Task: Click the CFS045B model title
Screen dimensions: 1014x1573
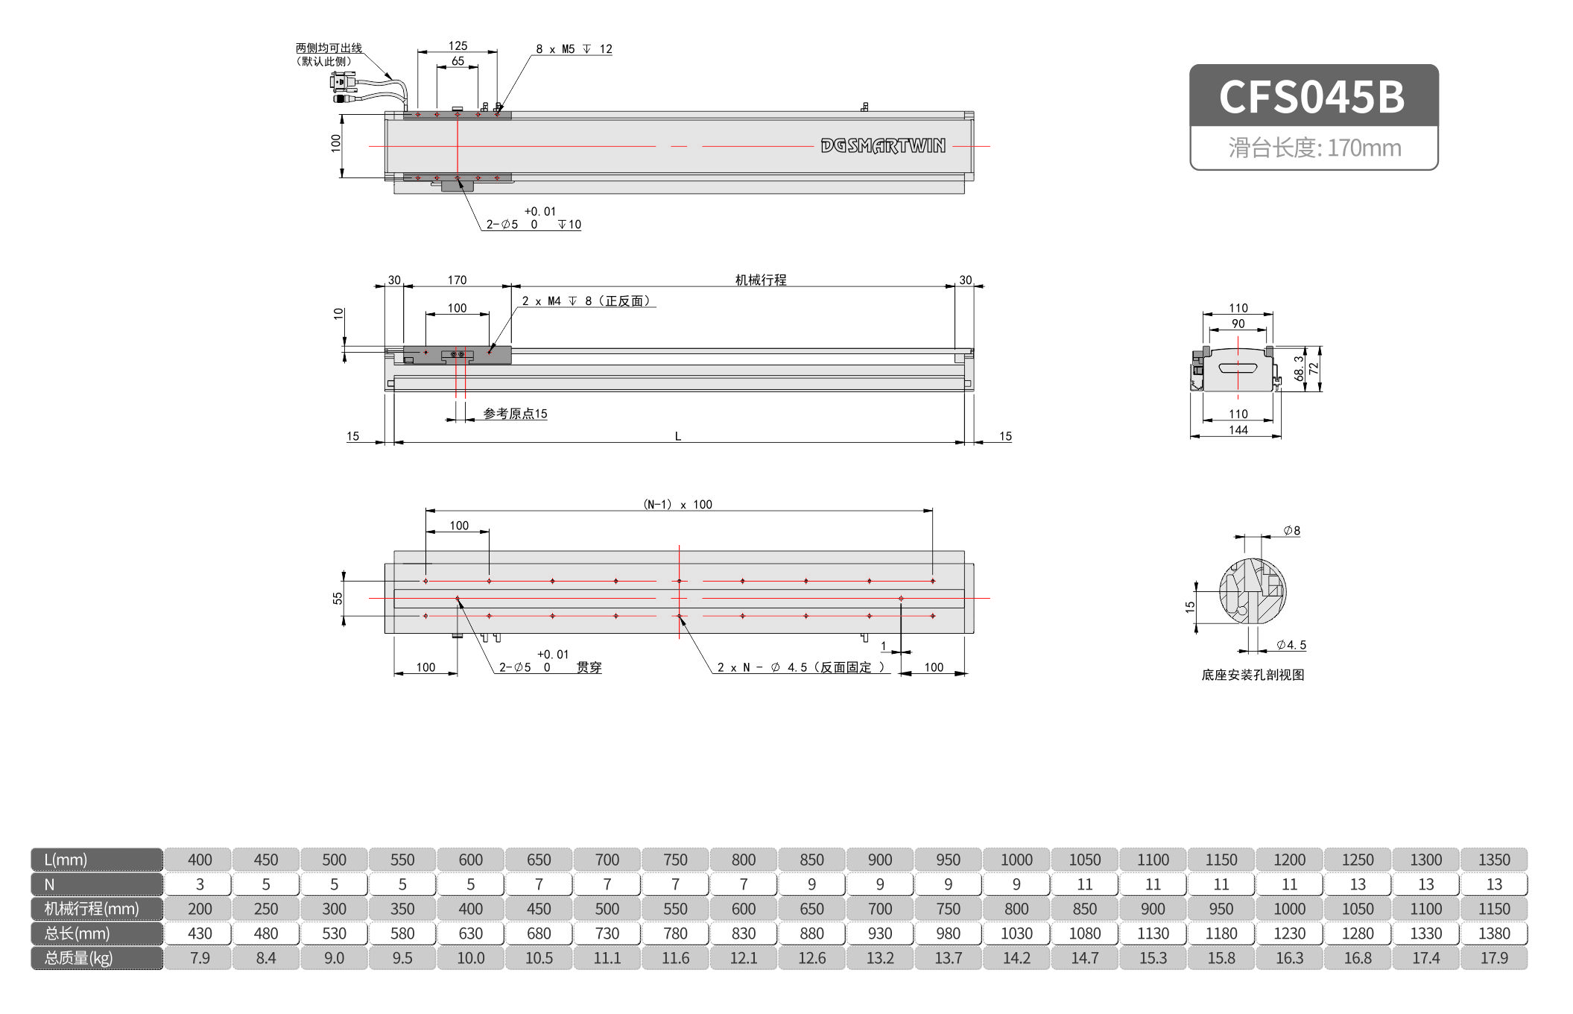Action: click(x=1312, y=97)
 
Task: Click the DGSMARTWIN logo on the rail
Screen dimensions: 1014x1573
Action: click(x=882, y=145)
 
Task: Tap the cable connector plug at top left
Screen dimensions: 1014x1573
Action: click(x=344, y=84)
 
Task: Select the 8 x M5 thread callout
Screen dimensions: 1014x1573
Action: click(x=573, y=49)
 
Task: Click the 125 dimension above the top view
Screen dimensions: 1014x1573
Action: click(x=458, y=45)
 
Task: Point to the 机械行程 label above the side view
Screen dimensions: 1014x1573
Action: click(x=760, y=280)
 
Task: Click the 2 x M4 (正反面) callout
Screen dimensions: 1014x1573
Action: click(x=586, y=300)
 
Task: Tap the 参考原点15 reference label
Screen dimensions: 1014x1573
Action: click(x=515, y=414)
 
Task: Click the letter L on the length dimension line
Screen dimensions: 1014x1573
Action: click(x=677, y=436)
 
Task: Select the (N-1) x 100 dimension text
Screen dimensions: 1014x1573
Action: click(x=677, y=505)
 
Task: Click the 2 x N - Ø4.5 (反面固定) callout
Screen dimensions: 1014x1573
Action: click(x=800, y=667)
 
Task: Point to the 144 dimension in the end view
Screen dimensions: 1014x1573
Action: click(x=1238, y=430)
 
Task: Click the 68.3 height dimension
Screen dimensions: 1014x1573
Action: click(x=1299, y=368)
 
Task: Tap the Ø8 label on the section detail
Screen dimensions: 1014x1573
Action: click(x=1291, y=531)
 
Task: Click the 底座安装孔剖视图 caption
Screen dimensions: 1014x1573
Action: click(x=1252, y=675)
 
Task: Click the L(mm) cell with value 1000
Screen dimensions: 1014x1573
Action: click(x=1016, y=860)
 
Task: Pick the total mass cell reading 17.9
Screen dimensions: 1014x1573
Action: click(x=1493, y=958)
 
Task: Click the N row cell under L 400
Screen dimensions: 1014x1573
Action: click(x=200, y=884)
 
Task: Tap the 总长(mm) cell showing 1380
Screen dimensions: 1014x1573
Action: click(x=1493, y=933)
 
